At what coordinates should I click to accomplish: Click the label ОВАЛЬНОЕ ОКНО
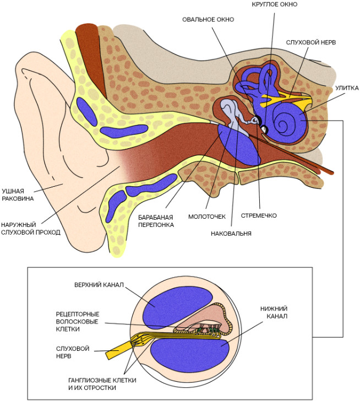[x=208, y=19]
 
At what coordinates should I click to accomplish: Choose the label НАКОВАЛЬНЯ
[x=231, y=233]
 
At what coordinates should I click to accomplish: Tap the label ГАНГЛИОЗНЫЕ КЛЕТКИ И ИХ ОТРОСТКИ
[x=102, y=383]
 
